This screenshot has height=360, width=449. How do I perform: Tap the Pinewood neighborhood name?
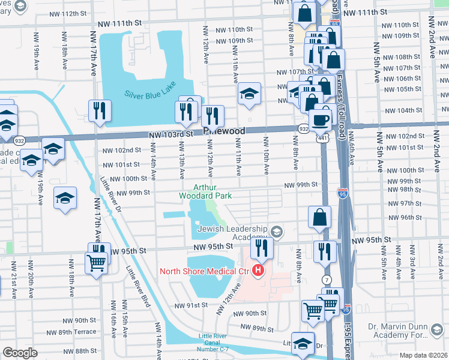click(x=225, y=130)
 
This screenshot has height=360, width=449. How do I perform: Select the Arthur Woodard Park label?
click(x=205, y=191)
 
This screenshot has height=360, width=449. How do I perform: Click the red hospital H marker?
click(x=259, y=271)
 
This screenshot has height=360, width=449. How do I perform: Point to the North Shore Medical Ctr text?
click(x=205, y=271)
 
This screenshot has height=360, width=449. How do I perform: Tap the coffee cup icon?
click(x=321, y=119)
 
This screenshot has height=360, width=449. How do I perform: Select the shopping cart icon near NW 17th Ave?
click(x=96, y=263)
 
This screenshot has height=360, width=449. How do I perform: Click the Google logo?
click(x=20, y=353)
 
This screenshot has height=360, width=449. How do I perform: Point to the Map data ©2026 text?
click(x=423, y=355)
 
